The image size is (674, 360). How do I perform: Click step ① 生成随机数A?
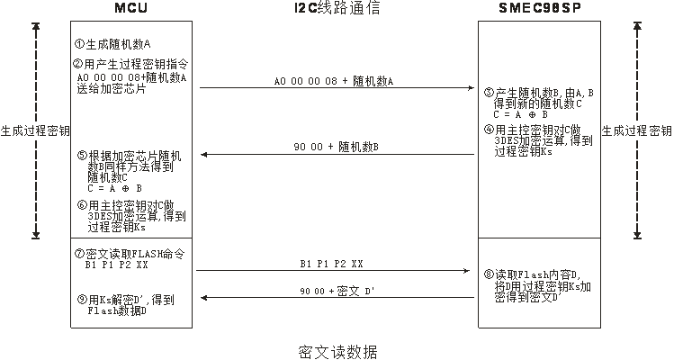point(112,43)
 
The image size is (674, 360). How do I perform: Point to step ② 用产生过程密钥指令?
point(130,65)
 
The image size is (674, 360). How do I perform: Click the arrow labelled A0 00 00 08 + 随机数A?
point(336,87)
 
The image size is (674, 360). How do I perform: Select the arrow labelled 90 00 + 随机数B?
point(336,154)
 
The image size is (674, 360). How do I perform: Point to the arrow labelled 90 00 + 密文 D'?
point(336,297)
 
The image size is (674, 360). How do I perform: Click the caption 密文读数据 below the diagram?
point(337,351)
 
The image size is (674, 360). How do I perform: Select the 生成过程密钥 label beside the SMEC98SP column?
point(636,130)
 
